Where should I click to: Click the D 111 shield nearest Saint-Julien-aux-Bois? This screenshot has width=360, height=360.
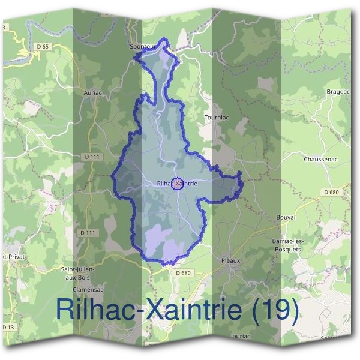(88, 232)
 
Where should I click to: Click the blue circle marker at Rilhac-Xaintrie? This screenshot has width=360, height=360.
(177, 184)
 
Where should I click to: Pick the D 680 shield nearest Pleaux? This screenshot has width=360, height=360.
(184, 273)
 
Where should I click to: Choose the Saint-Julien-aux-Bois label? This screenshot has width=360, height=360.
(78, 273)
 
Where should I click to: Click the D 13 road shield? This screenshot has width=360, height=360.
(7, 327)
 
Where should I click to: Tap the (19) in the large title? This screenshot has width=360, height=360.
(274, 309)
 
